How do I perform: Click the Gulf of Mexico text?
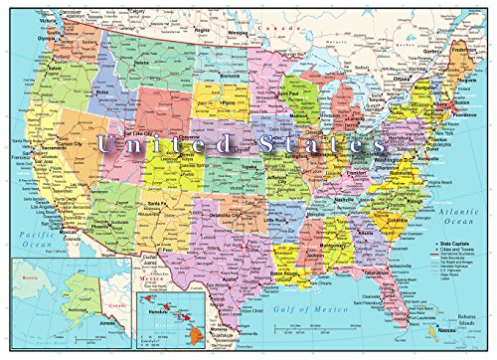click(326, 314)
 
